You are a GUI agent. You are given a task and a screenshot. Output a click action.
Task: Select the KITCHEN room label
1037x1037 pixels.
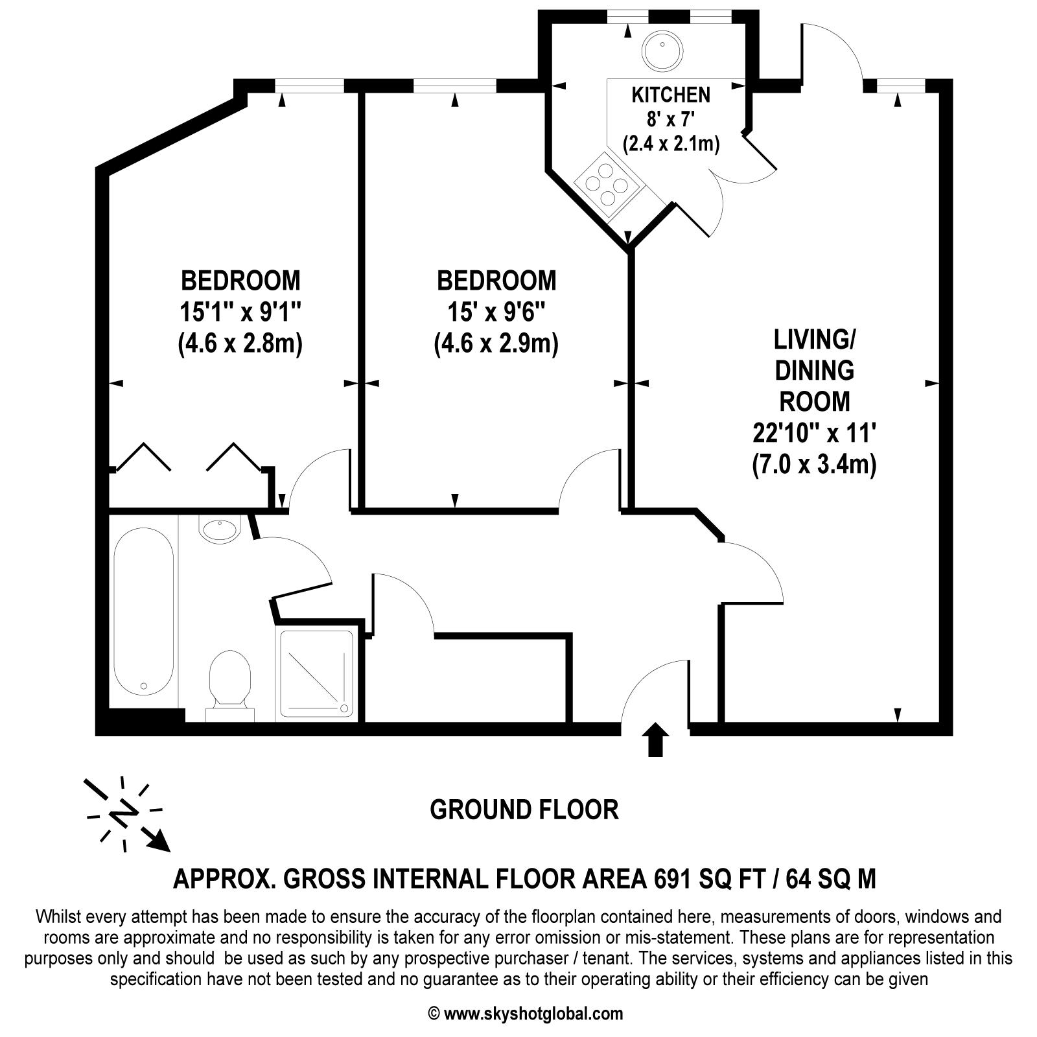coord(671,95)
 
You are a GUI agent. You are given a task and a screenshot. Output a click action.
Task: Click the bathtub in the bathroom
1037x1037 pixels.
coord(143,611)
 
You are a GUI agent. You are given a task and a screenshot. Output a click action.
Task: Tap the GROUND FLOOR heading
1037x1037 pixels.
coord(524,810)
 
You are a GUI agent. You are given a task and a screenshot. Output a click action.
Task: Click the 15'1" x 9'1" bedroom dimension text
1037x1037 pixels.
coord(240,313)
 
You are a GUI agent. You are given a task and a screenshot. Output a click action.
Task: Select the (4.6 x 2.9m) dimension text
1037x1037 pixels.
coord(496,344)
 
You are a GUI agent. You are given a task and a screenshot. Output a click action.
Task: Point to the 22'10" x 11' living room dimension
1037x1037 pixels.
coord(815,432)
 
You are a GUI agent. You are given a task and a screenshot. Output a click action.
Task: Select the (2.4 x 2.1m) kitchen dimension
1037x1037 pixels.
coord(671,143)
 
